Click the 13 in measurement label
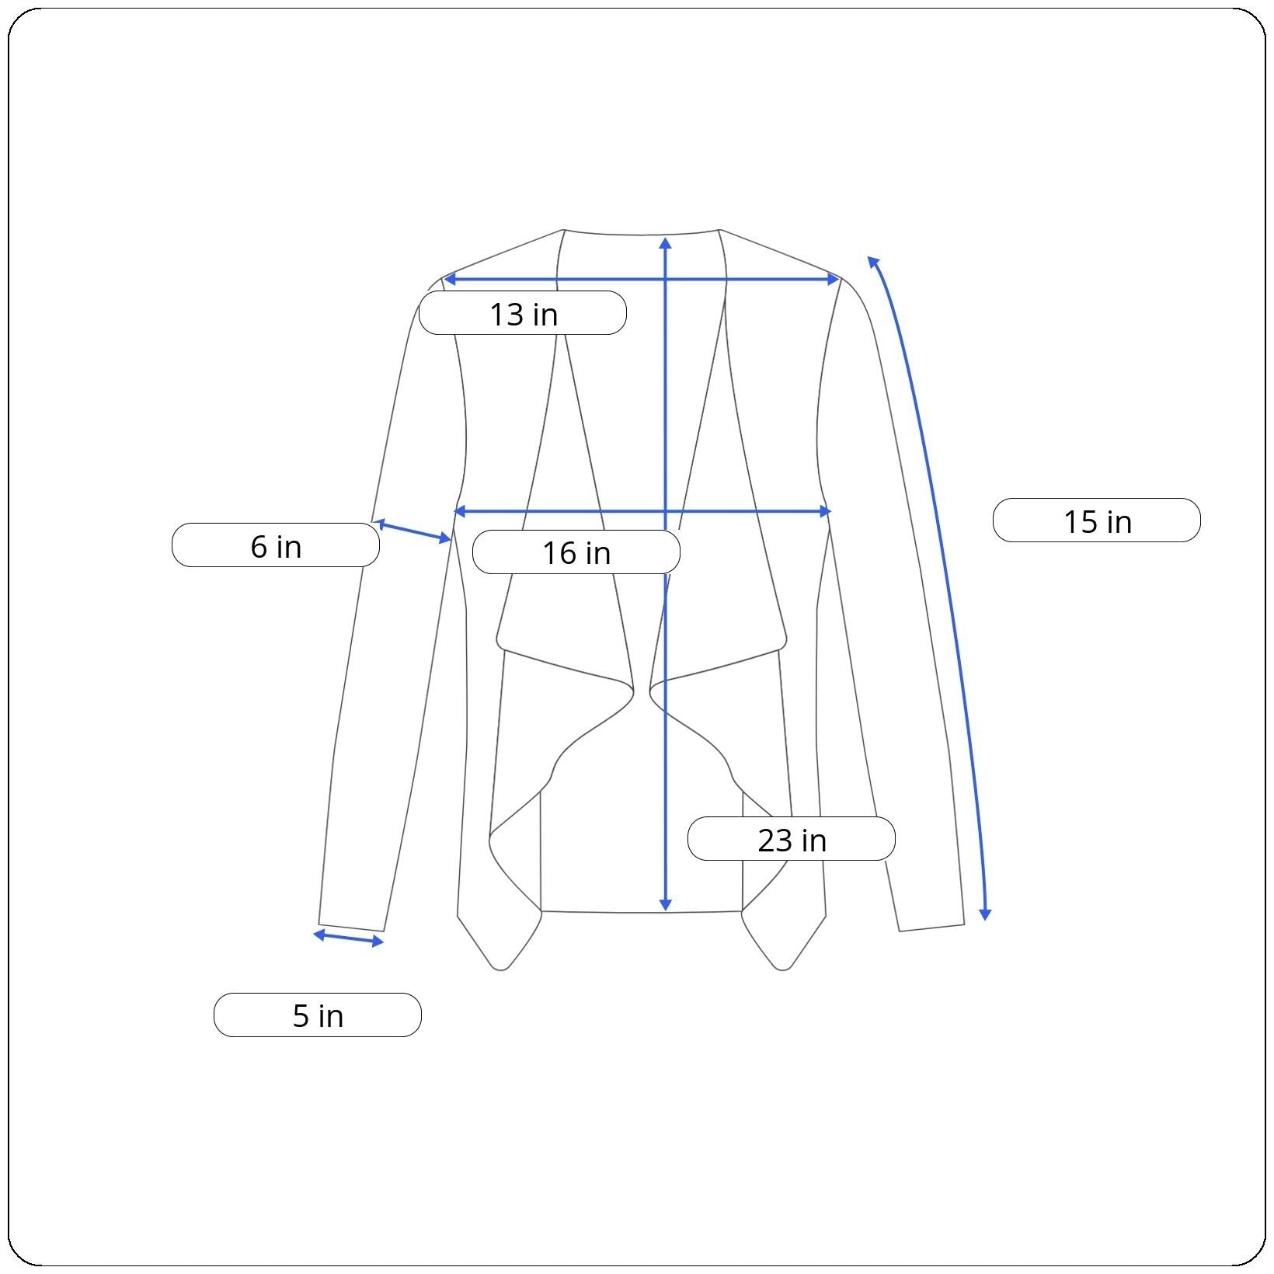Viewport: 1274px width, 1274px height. pos(523,313)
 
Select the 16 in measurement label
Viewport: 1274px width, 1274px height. pos(576,552)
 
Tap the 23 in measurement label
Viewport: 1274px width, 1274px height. pos(792,839)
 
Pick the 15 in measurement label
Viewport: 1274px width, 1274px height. pos(1097,520)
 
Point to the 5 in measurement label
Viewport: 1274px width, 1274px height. pos(318,1015)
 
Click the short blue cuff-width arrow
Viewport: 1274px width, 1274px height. pos(348,938)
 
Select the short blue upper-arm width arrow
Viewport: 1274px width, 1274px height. pos(412,531)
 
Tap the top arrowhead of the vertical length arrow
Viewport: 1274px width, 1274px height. pos(665,243)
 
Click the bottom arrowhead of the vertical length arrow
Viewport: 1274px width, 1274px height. pos(665,905)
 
